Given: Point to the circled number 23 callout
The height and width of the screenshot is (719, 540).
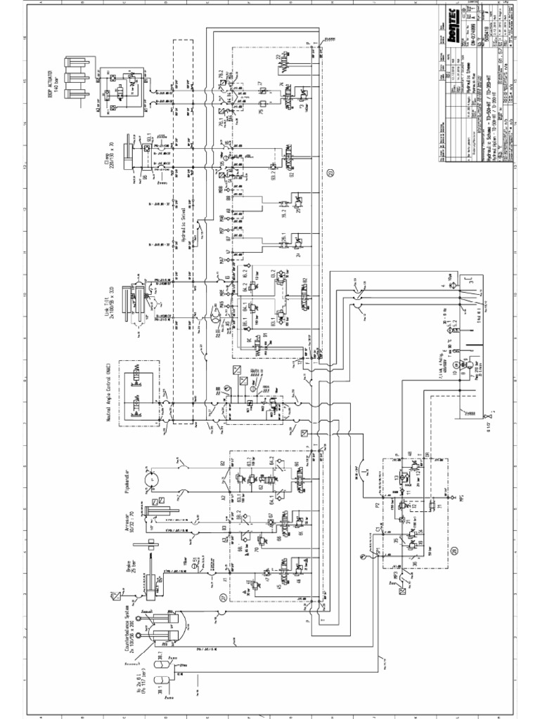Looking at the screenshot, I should [x=330, y=174].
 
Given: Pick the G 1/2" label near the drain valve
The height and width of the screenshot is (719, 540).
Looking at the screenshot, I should [x=466, y=422].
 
